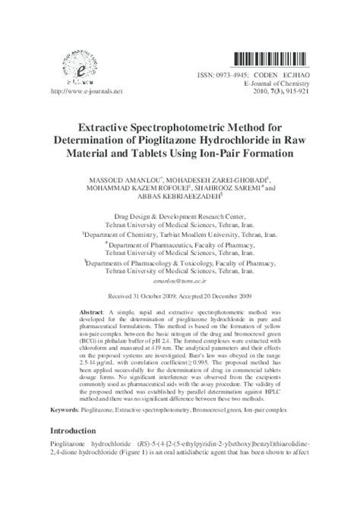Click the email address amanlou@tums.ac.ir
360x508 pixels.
[179, 279]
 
